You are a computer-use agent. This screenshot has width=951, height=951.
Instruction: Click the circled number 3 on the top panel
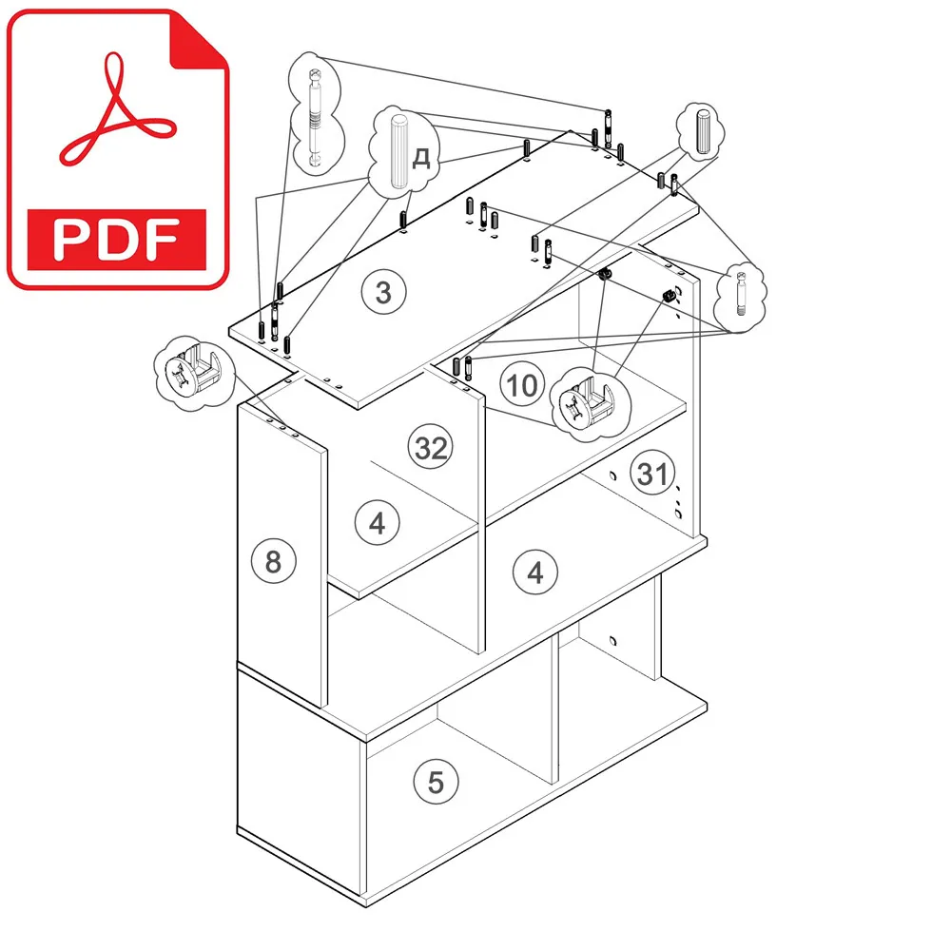point(383,292)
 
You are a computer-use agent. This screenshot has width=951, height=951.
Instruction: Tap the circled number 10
point(522,384)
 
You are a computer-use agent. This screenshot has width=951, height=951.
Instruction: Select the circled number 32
point(431,447)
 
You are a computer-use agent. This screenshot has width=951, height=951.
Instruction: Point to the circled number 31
point(652,473)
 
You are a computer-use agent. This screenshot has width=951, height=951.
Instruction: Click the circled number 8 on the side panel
point(274,561)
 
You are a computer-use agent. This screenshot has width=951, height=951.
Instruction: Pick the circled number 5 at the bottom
point(437,782)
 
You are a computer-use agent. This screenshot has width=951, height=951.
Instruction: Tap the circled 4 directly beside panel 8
point(378,522)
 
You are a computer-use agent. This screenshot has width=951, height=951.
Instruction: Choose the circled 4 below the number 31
point(534,572)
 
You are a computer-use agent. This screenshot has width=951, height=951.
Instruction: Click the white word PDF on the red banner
point(116,240)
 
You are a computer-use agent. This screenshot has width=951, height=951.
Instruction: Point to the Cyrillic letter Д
point(421,158)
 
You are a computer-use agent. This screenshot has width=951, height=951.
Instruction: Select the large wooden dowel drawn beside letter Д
point(398,151)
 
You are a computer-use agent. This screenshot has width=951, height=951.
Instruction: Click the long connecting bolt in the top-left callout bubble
point(316,117)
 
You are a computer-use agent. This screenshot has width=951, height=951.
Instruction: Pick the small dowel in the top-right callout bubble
point(703,131)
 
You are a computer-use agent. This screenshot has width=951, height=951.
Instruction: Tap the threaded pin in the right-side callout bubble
point(741,294)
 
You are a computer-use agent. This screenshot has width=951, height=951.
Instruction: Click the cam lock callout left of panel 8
point(194,372)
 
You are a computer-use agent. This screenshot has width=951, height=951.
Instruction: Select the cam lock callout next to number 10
point(590,403)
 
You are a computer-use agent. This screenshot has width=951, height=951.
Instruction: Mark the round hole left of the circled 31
point(612,476)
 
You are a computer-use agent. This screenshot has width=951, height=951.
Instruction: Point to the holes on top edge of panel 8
point(282,428)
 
